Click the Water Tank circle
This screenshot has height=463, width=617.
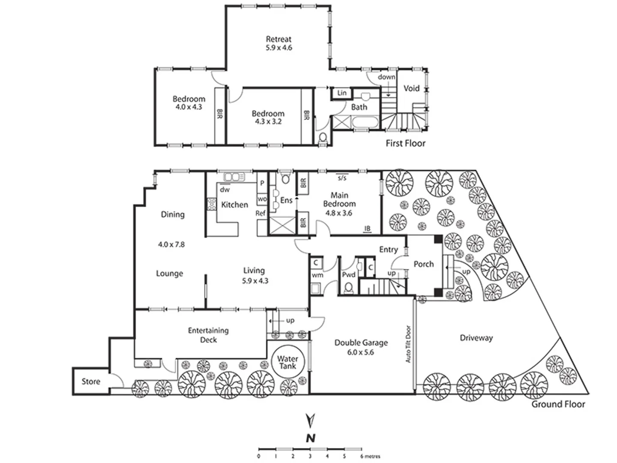[x=288, y=362]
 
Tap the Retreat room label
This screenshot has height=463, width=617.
[x=279, y=39]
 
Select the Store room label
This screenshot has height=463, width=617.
[x=91, y=381]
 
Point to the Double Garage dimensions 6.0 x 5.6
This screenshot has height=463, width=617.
[x=361, y=352]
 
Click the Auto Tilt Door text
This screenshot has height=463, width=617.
[x=408, y=344]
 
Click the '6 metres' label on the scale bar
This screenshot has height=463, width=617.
[x=370, y=456]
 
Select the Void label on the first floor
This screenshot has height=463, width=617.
[x=411, y=88]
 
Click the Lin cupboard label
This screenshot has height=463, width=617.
[x=341, y=93]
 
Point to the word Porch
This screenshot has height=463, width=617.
[x=423, y=264]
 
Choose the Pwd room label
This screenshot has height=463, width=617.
[x=348, y=275]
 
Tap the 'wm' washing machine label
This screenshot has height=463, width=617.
[x=317, y=275]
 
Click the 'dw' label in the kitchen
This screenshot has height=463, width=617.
[x=225, y=189]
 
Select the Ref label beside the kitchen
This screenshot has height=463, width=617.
[x=261, y=213]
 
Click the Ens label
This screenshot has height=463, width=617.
[x=286, y=200]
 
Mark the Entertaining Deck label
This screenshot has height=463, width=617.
[x=208, y=335]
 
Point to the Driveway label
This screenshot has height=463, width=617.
[x=476, y=338]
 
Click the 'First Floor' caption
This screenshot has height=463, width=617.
[x=405, y=143]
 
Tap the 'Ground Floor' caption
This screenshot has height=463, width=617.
[x=558, y=404]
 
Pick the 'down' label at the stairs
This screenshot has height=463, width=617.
[x=386, y=77]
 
